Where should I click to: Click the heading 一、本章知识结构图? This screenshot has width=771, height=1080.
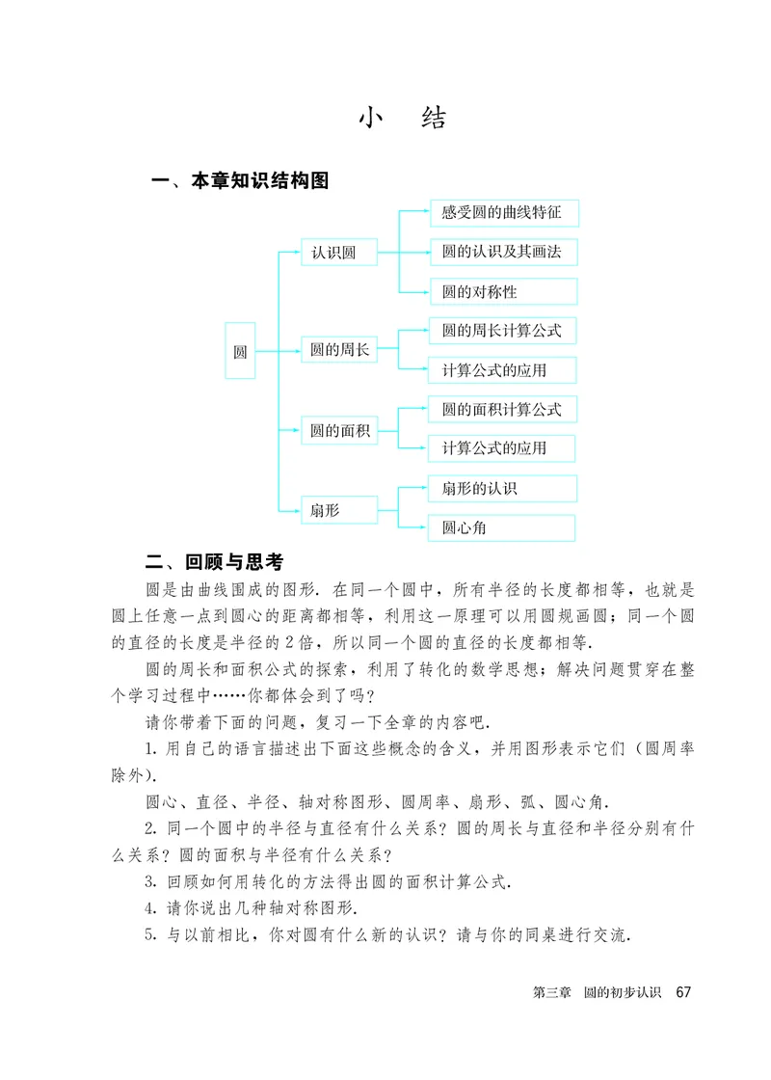tap(242, 180)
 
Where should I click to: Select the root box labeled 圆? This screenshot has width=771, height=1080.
tap(240, 352)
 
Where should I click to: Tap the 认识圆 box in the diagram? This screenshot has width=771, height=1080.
tap(333, 253)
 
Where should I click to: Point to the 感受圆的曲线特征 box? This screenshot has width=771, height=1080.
tap(502, 213)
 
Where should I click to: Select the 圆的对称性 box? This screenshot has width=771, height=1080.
tap(502, 291)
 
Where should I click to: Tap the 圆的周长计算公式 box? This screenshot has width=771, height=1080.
tap(502, 331)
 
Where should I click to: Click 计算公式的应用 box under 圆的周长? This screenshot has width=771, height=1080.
tap(502, 370)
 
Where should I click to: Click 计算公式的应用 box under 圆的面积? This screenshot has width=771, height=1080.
tap(502, 448)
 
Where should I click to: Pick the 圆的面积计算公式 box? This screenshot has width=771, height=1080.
tap(502, 409)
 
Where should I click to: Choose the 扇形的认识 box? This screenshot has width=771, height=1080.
tap(502, 488)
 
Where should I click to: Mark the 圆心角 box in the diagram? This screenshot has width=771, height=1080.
tap(502, 527)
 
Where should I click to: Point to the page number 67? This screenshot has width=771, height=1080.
tap(684, 991)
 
